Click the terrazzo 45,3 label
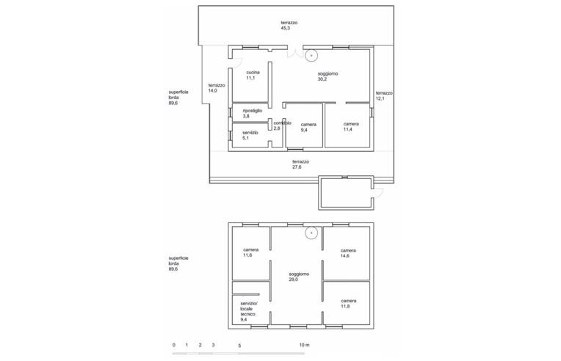point(289,26)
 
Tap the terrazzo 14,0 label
point(216,88)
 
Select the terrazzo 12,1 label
point(384,96)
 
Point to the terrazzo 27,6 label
point(300,164)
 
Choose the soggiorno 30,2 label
point(327,76)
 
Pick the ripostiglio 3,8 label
point(252,113)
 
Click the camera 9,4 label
point(308,127)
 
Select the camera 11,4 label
point(351,127)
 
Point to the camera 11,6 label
point(251,252)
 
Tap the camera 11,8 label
point(348,303)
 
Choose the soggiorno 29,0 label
point(299,277)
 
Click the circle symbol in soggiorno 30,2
point(311,54)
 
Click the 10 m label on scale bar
point(304,344)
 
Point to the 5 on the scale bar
point(239,344)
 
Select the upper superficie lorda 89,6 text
point(178,98)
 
